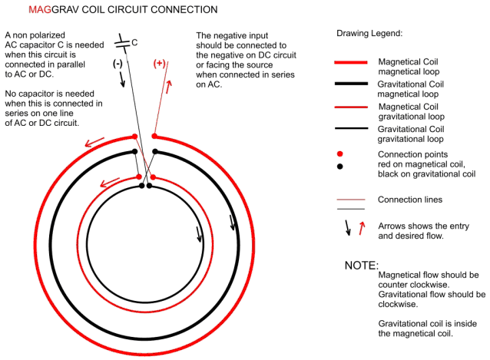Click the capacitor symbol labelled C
(x=122, y=44)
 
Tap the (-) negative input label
(x=118, y=64)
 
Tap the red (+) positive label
(x=159, y=64)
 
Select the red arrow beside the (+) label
(x=169, y=87)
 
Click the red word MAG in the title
(x=40, y=10)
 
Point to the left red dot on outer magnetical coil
(x=134, y=137)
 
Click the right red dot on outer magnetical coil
(x=154, y=136)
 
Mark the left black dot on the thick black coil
(x=134, y=152)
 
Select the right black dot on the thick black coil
(x=155, y=152)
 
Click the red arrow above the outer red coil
(x=94, y=142)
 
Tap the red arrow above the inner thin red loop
(x=110, y=183)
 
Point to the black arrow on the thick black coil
(x=232, y=223)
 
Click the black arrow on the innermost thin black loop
(x=199, y=234)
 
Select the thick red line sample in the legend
(x=351, y=62)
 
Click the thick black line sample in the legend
(x=351, y=84)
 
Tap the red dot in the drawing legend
(x=340, y=154)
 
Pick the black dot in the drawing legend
(x=340, y=167)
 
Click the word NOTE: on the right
(x=362, y=266)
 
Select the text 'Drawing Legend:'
(x=369, y=34)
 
